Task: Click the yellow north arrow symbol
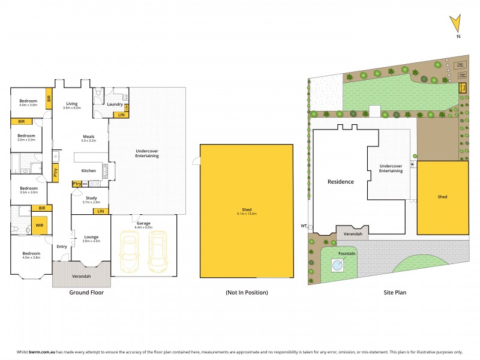[457, 25]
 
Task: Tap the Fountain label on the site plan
[346, 253]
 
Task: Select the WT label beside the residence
[304, 226]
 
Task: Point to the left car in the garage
[129, 251]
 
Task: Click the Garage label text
[143, 223]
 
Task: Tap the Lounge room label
[91, 237]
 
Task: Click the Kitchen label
[89, 171]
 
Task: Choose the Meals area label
[89, 136]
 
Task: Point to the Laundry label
[115, 104]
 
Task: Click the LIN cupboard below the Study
[101, 211]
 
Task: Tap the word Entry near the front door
[62, 247]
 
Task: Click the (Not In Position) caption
[247, 292]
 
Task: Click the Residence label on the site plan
[340, 181]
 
